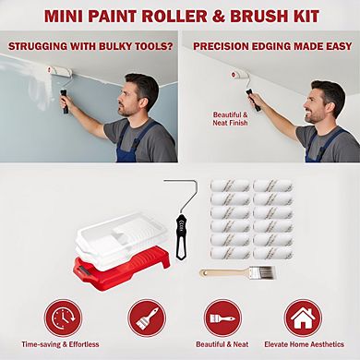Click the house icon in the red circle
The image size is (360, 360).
[x=303, y=317]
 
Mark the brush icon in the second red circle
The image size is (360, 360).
[x=146, y=317]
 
